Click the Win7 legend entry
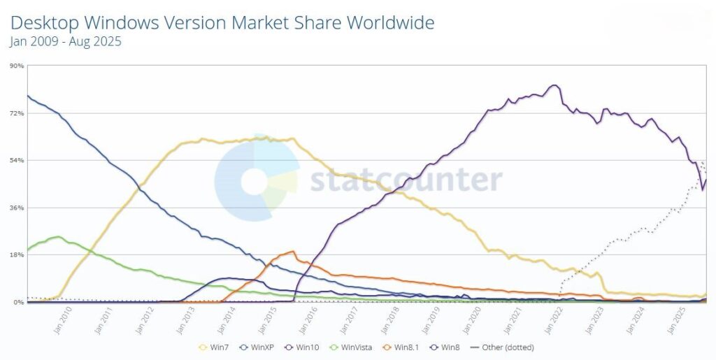pyautogui.click(x=213, y=347)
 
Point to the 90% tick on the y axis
pyautogui.click(x=17, y=66)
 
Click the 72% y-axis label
pyautogui.click(x=17, y=113)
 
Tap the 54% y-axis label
pyautogui.click(x=17, y=161)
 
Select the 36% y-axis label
pyautogui.click(x=17, y=208)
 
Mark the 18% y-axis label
pyautogui.click(x=17, y=255)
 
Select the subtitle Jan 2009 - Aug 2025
pyautogui.click(x=66, y=42)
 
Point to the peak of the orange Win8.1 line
pyautogui.click(x=292, y=251)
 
